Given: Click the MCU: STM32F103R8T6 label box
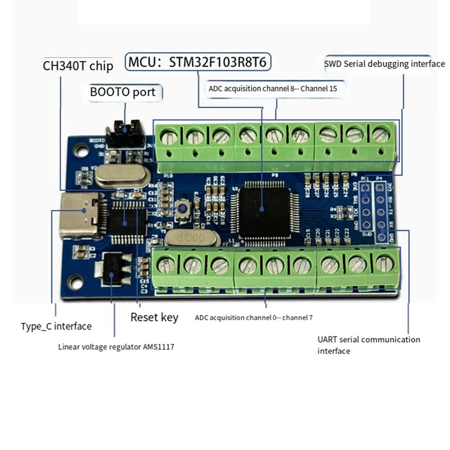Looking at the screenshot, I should point(199,62).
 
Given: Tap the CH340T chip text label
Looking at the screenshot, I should point(78,66).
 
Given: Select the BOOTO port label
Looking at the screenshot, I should point(123,92).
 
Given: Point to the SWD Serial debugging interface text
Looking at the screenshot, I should point(384,64).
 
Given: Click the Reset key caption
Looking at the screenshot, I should point(154,317).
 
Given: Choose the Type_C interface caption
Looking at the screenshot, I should point(56,326).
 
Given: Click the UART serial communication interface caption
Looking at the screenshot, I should point(368,345).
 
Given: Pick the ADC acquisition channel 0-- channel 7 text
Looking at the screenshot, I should point(254,318).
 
